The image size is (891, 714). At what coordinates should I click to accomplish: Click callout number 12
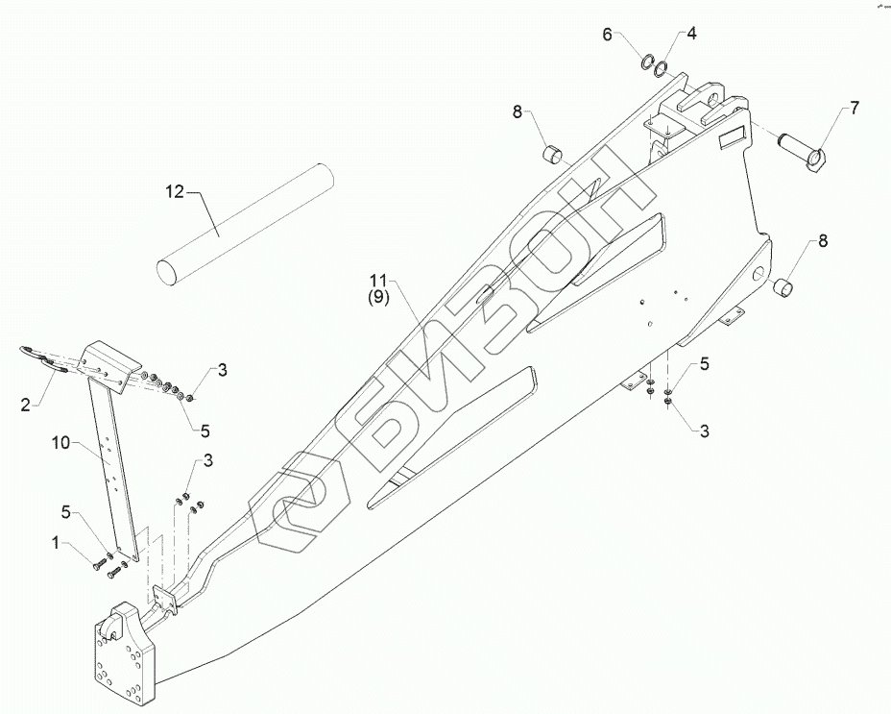click(x=173, y=192)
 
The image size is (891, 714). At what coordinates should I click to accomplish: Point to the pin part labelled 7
click(x=805, y=148)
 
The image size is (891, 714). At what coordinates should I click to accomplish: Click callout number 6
click(x=607, y=35)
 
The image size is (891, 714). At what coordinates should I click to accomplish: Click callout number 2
click(x=27, y=404)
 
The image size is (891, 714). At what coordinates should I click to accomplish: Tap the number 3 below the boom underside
click(x=704, y=432)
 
